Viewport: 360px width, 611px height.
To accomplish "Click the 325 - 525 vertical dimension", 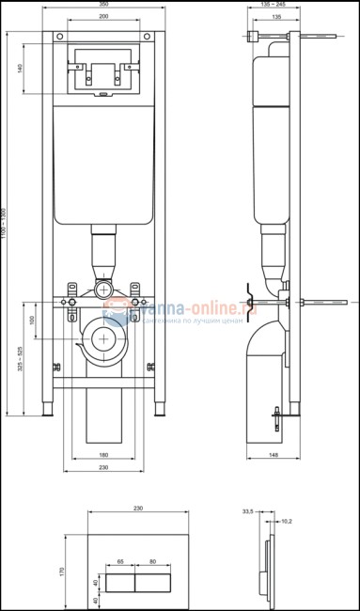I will tap(20, 357).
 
